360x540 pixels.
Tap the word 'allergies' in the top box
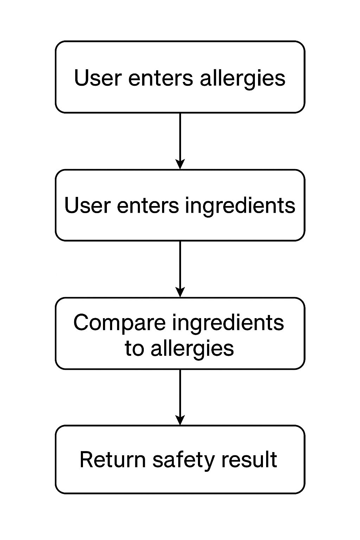[243, 78]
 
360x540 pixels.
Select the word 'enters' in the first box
[161, 78]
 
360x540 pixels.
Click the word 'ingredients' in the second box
[240, 206]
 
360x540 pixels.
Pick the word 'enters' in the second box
[148, 205]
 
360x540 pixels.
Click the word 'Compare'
[119, 323]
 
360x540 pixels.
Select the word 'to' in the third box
[134, 348]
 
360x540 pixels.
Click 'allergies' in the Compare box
[192, 348]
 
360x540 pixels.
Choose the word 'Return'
[112, 459]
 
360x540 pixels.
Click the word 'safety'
[183, 460]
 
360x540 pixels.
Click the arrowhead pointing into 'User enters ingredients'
[180, 164]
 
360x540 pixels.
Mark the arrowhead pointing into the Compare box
[180, 292]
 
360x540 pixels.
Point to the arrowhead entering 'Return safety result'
[180, 420]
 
